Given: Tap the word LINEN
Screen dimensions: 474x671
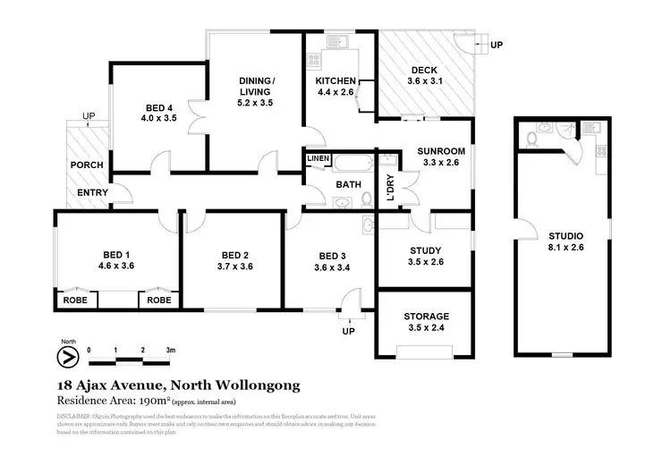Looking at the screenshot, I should (319, 159).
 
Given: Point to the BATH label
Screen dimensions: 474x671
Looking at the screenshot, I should (347, 184).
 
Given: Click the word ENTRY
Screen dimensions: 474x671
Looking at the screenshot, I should (92, 192).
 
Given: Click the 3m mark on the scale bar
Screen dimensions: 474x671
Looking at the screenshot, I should (169, 350).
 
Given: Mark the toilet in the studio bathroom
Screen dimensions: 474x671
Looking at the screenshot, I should (531, 139).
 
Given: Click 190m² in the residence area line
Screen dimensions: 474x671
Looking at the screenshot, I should (154, 401).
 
